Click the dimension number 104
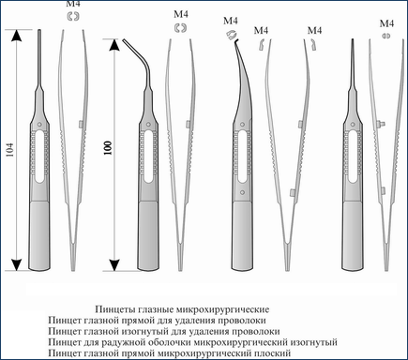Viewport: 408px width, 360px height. (10, 150)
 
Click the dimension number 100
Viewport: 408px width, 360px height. (108, 148)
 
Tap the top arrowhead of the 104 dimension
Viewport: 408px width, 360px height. (16, 35)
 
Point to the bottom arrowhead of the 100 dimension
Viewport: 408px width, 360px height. (114, 265)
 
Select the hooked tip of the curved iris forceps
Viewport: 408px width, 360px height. (236, 40)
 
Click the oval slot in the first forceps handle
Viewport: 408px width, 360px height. (39, 157)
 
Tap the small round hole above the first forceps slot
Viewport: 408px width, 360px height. (39, 124)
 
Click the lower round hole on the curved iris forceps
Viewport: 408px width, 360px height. (242, 192)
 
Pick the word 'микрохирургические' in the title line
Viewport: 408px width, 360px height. (222, 309)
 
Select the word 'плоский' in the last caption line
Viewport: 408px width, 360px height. (273, 353)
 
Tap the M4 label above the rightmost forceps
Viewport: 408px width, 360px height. (386, 23)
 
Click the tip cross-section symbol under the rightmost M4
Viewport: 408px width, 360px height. (386, 36)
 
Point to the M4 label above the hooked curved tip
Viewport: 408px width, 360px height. (231, 21)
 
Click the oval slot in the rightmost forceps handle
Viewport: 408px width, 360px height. (353, 157)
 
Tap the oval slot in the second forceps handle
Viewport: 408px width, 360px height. (148, 157)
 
